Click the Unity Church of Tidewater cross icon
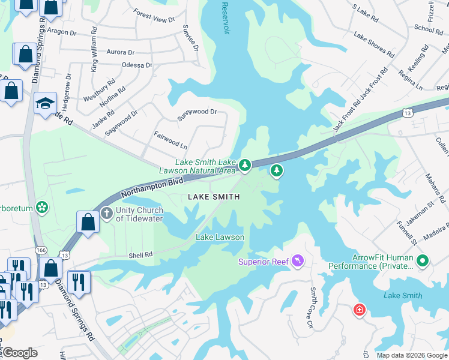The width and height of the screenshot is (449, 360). pos(106,212)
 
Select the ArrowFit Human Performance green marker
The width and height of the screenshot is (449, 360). pos(423,260)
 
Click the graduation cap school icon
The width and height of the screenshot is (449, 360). pos(45,104)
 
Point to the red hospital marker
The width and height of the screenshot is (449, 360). pos(360,310)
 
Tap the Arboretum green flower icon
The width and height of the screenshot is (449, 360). pos(42,208)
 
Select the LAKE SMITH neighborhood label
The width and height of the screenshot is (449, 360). pos(214,197)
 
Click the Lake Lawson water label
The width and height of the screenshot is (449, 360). pos(220,237)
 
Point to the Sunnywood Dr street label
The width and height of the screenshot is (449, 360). pos(197,112)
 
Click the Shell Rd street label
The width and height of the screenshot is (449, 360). pos(141,255)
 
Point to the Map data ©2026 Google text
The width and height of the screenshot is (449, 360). pos(411,355)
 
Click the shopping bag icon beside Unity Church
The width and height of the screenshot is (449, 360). pos(88,222)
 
